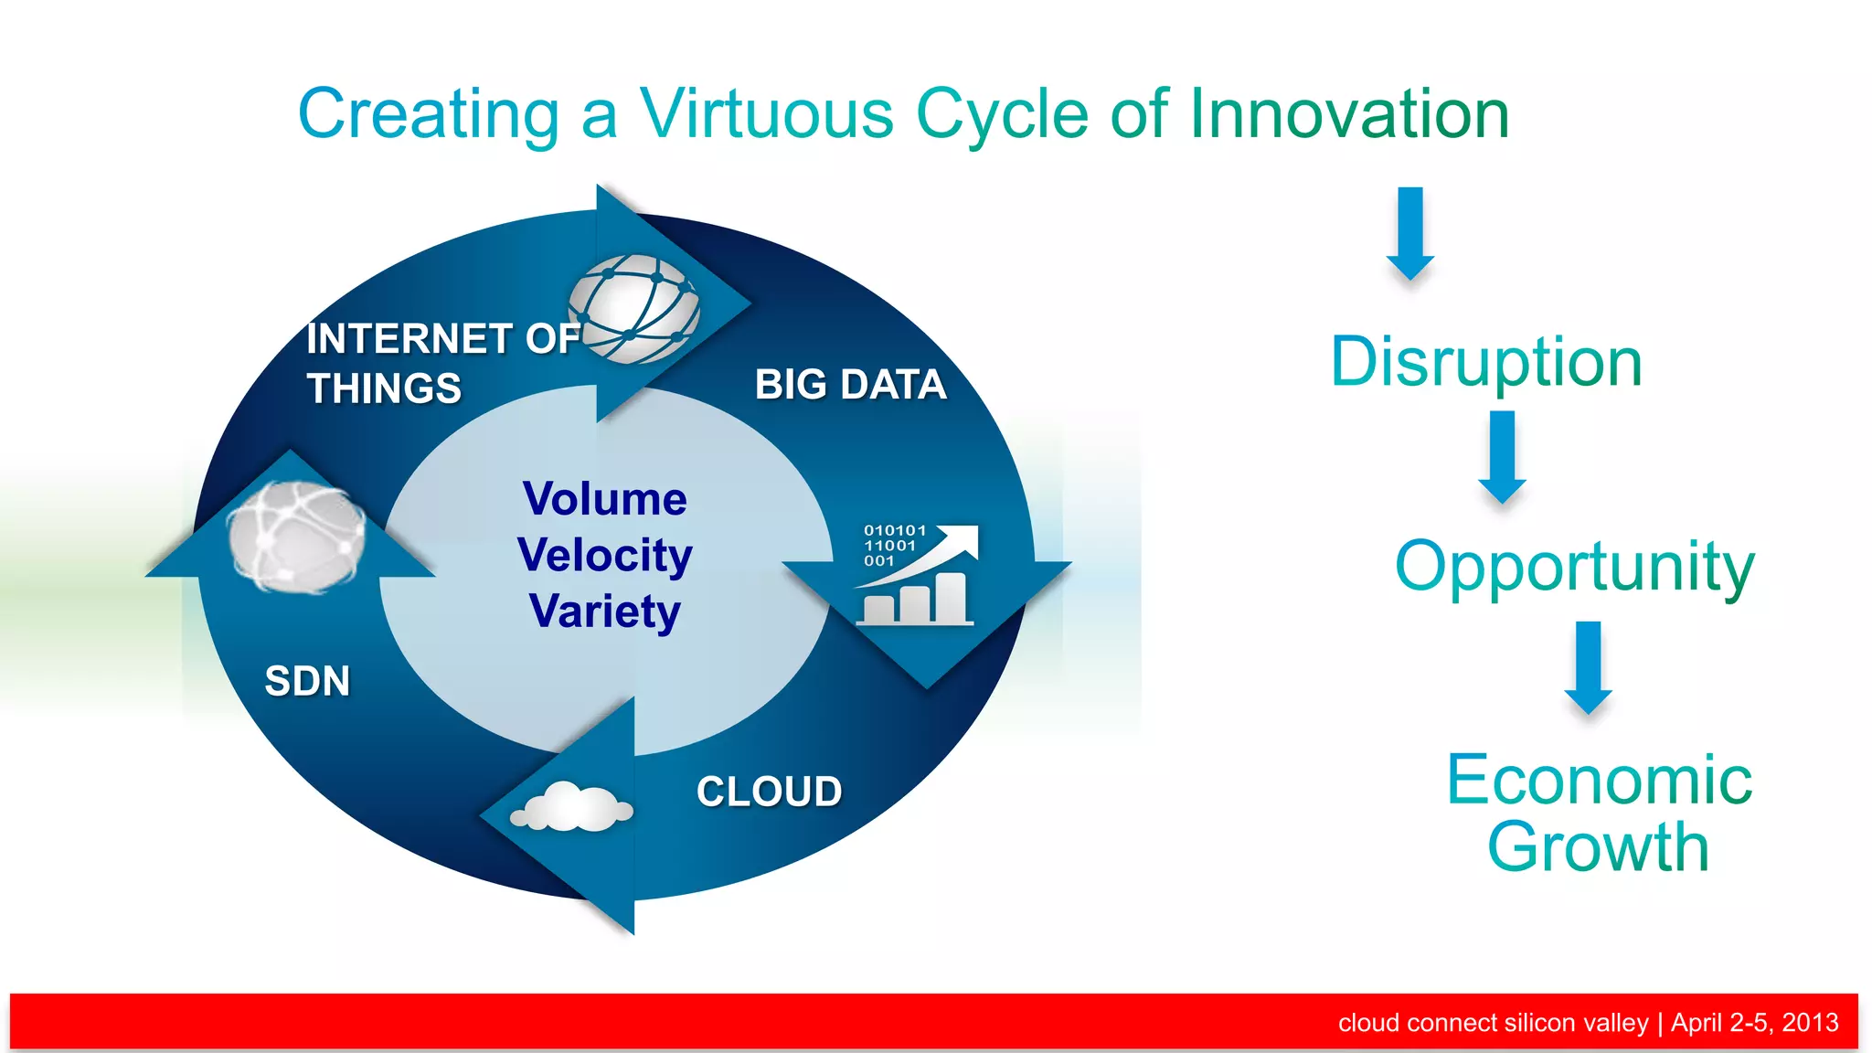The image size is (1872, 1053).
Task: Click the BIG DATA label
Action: tap(850, 385)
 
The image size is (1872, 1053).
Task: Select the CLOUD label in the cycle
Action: tap(769, 792)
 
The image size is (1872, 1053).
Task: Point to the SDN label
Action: tap(307, 682)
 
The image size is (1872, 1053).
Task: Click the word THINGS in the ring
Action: tap(384, 388)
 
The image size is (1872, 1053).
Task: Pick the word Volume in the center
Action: tap(604, 499)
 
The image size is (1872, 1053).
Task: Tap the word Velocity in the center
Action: tap(604, 556)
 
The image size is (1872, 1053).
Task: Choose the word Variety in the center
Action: tap(604, 612)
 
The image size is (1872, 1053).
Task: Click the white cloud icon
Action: tap(572, 807)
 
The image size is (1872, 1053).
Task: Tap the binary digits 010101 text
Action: tap(895, 530)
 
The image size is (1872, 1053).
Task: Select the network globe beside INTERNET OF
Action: tap(634, 309)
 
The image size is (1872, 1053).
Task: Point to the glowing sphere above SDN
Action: tap(295, 537)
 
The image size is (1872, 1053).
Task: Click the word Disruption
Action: tap(1486, 363)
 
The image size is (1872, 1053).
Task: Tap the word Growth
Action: tap(1598, 847)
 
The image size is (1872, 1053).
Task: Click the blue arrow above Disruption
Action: tap(1410, 233)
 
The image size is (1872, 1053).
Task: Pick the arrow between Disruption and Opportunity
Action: tap(1502, 456)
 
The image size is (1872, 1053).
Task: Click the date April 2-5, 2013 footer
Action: tap(1754, 1022)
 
